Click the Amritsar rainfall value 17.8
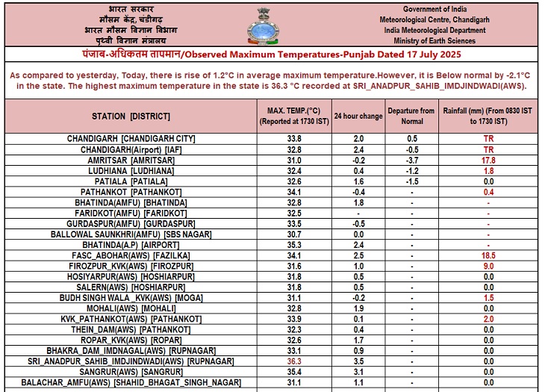click(x=488, y=160)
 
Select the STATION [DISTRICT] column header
click(x=131, y=116)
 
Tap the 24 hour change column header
click(x=358, y=116)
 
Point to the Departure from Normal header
click(x=411, y=116)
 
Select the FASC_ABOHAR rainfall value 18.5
click(x=488, y=255)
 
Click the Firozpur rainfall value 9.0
click(x=488, y=266)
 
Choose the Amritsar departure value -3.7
click(x=411, y=160)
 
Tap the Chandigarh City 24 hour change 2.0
click(x=358, y=139)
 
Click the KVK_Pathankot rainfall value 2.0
click(x=488, y=319)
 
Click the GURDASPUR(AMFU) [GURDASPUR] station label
click(x=131, y=224)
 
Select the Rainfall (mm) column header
click(x=488, y=116)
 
